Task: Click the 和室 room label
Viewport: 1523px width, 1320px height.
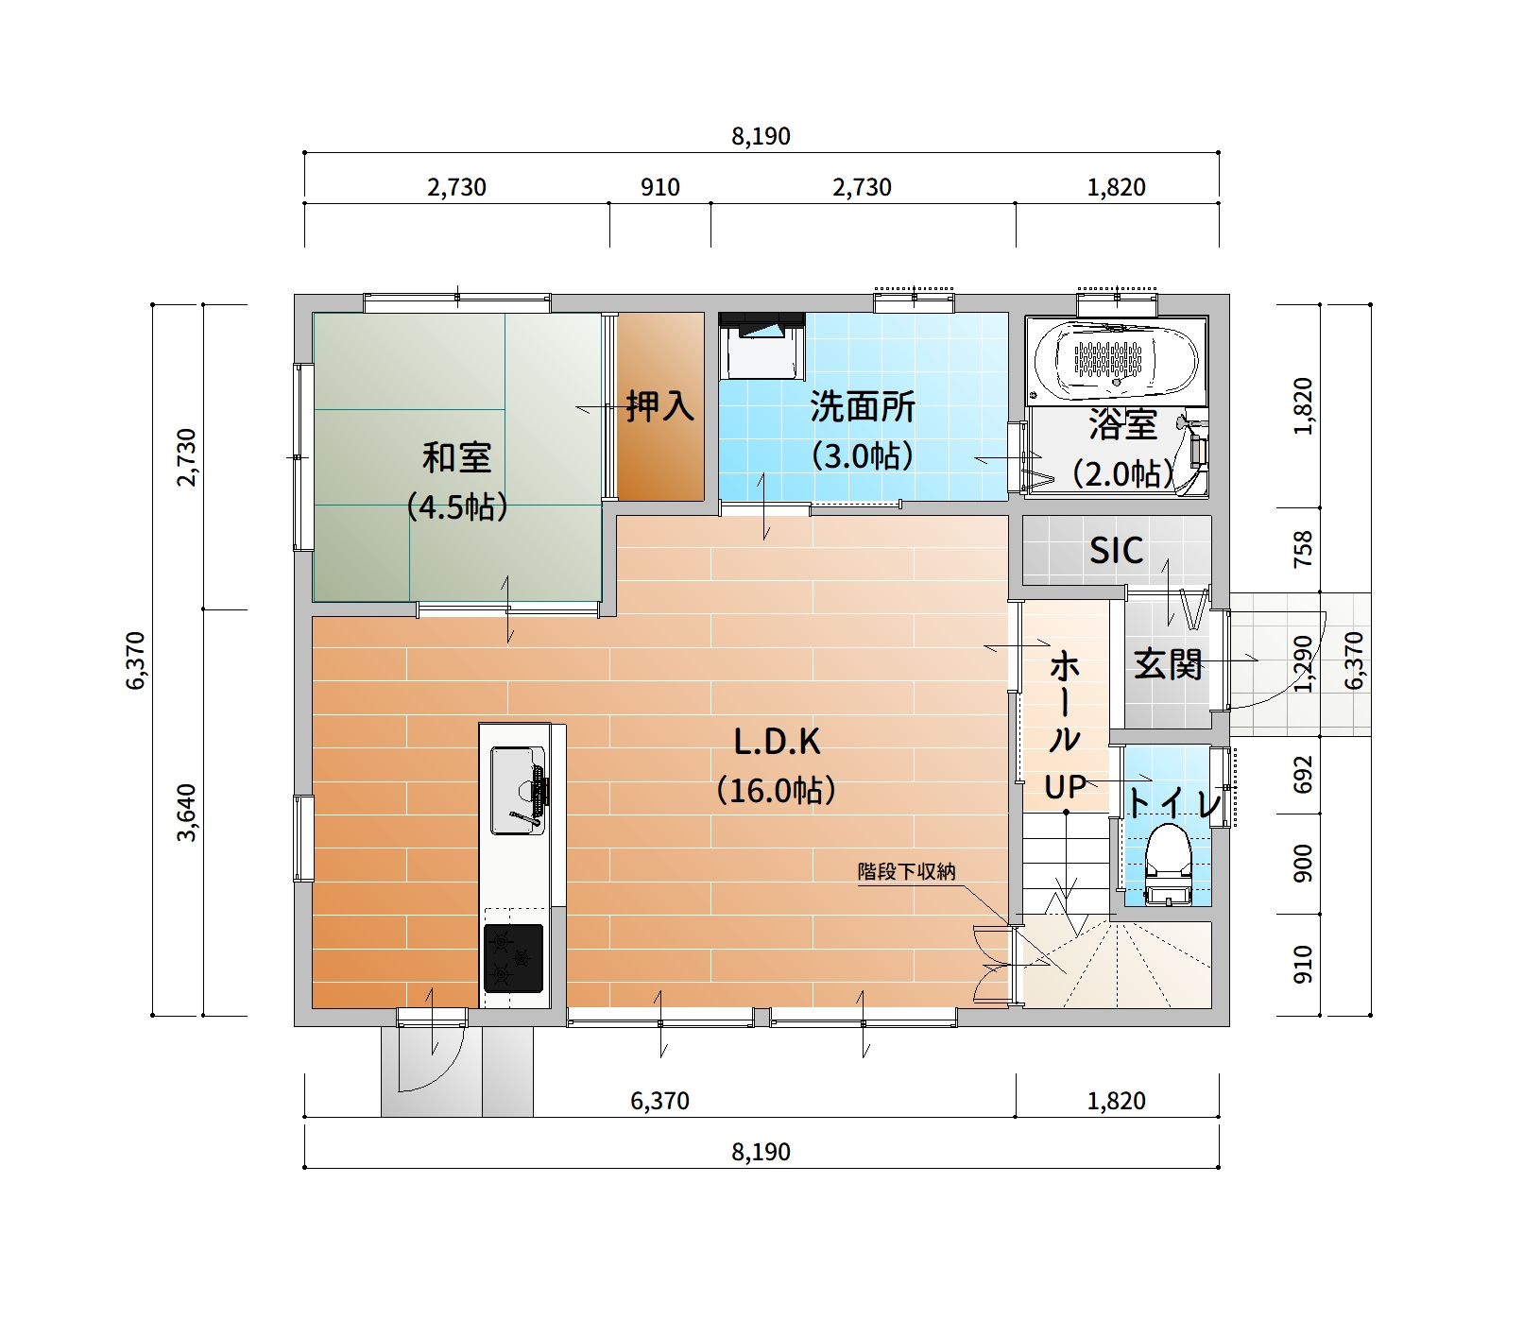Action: [456, 458]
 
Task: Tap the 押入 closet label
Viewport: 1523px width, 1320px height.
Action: [659, 406]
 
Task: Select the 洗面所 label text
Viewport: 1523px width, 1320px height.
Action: [863, 407]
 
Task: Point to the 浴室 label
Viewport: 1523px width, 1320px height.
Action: [1122, 424]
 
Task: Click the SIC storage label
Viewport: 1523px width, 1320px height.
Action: [1116, 550]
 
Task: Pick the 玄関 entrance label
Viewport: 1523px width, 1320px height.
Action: [1168, 664]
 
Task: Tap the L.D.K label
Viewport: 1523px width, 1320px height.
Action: [777, 742]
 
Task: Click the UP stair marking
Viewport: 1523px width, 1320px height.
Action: [1065, 787]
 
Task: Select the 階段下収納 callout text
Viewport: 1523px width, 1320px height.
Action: [906, 871]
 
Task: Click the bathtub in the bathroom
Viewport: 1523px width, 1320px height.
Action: [1116, 360]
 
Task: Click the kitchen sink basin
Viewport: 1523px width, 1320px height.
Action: [516, 790]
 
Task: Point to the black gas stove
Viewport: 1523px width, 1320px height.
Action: [513, 957]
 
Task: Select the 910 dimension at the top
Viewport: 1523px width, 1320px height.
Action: [659, 187]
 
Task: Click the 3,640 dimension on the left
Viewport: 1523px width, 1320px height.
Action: [187, 813]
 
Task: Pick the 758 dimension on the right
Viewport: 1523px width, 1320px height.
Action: [1303, 549]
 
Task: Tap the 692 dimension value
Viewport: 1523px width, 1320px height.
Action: [1303, 774]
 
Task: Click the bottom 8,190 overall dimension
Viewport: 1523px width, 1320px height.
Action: [761, 1152]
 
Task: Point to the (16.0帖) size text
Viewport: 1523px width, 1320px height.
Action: [777, 790]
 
